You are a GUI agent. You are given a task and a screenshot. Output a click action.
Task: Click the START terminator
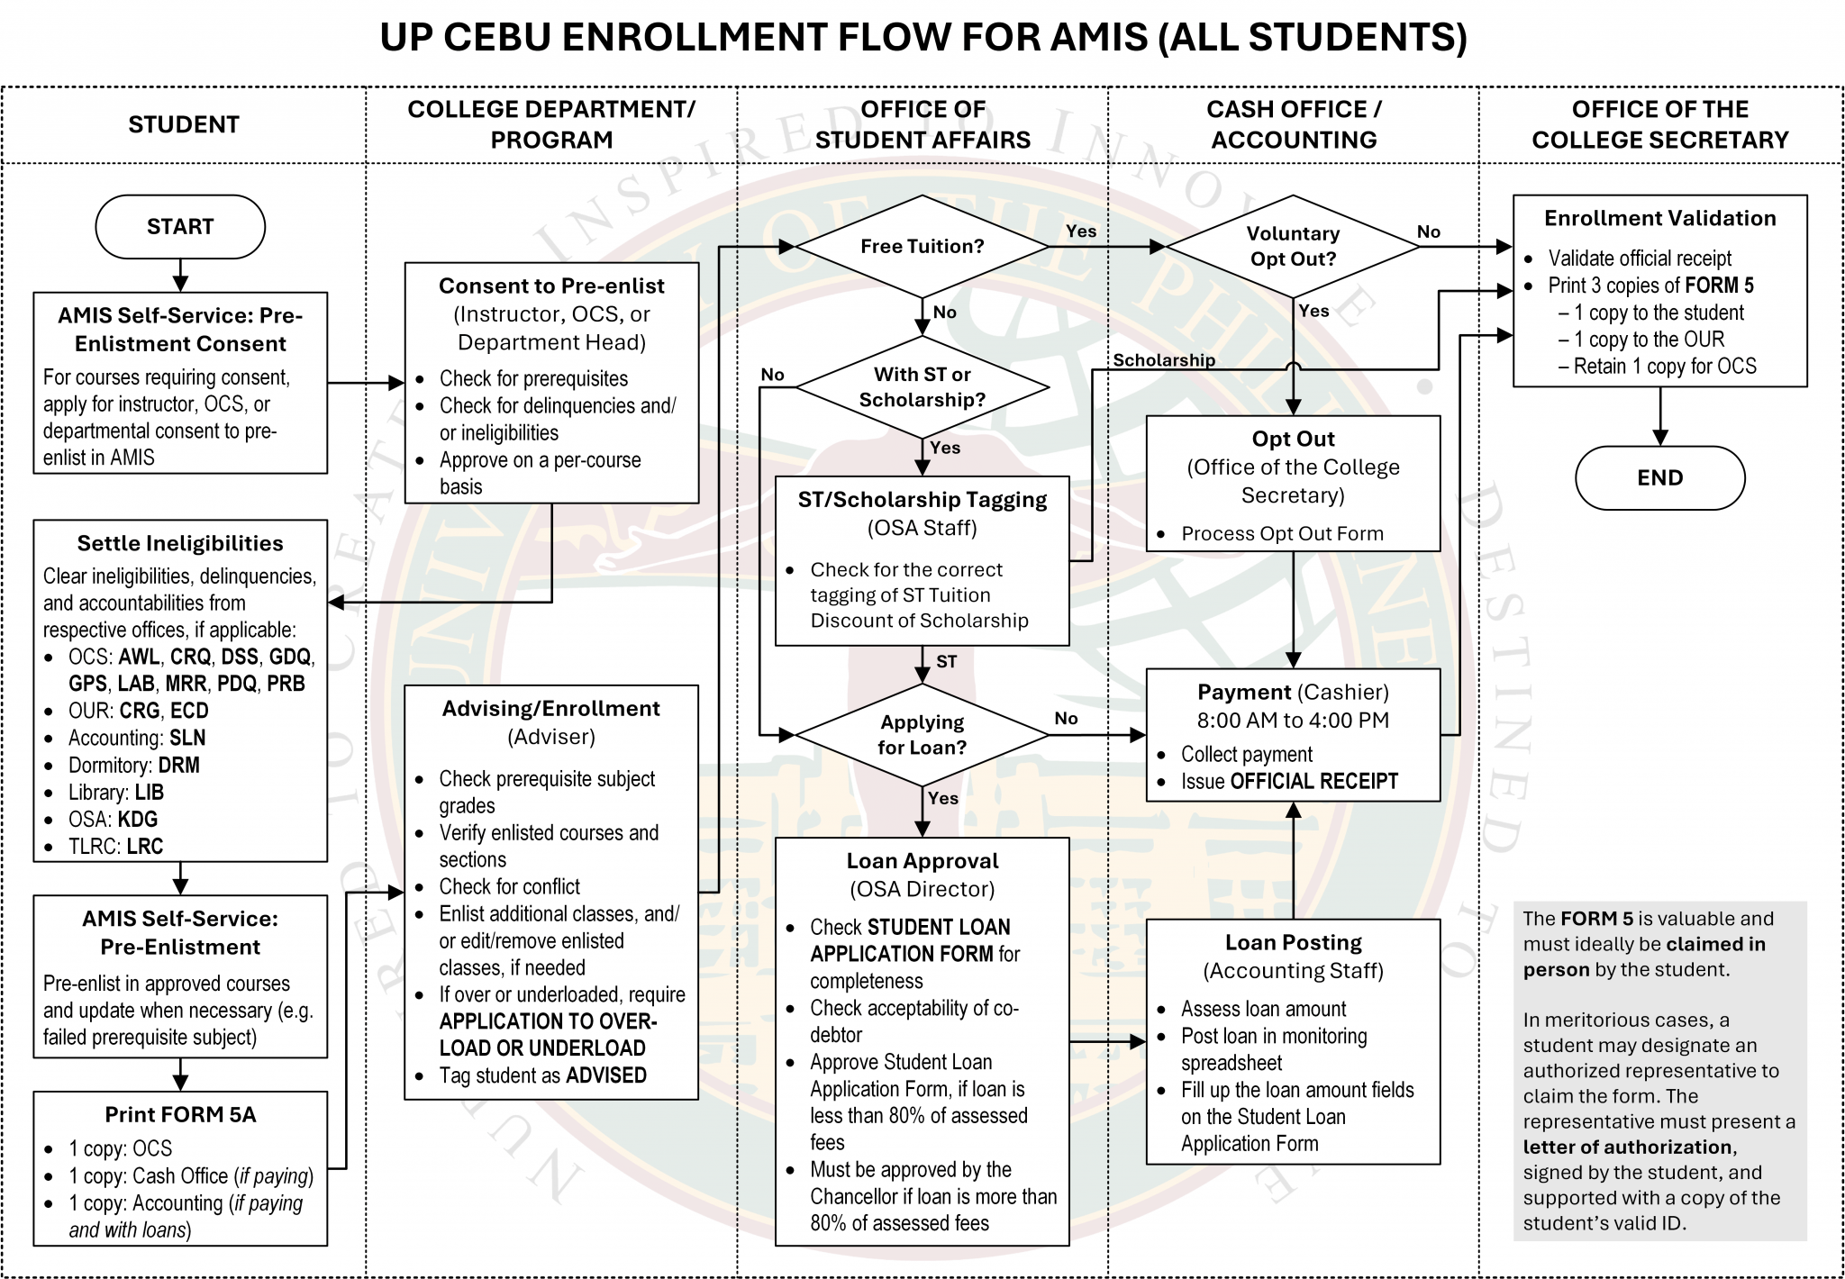coord(180,227)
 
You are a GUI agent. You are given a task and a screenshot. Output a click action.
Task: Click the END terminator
coord(1659,478)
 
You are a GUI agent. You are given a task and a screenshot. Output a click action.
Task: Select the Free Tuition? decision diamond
coord(922,247)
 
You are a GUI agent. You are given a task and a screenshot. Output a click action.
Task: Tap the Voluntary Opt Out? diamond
coord(1293,246)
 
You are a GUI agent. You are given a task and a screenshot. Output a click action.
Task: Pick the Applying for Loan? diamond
coord(922,735)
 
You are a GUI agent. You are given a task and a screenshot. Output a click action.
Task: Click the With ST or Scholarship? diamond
coord(922,387)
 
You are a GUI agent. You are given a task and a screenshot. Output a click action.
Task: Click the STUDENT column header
coord(184,125)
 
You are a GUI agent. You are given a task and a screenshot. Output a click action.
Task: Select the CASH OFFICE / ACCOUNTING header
coord(1294,125)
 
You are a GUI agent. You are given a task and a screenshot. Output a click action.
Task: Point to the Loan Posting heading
coord(1293,943)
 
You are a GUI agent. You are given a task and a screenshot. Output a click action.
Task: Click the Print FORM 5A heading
coord(180,1115)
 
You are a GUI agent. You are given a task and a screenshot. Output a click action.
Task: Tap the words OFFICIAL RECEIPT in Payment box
coord(1313,782)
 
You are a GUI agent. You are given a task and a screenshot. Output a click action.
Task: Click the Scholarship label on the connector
coord(1163,360)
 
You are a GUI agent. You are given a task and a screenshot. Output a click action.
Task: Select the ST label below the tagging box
coord(946,662)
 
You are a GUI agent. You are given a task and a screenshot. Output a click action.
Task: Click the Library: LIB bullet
coord(116,793)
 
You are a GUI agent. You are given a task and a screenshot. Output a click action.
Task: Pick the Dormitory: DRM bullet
coord(133,766)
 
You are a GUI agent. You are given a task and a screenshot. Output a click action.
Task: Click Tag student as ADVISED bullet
coord(542,1075)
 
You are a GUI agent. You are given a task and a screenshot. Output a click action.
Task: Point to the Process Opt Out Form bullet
coord(1281,534)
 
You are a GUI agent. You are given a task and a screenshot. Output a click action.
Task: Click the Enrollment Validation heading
coord(1659,219)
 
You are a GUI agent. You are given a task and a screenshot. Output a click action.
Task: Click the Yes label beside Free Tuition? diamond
coord(1081,231)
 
